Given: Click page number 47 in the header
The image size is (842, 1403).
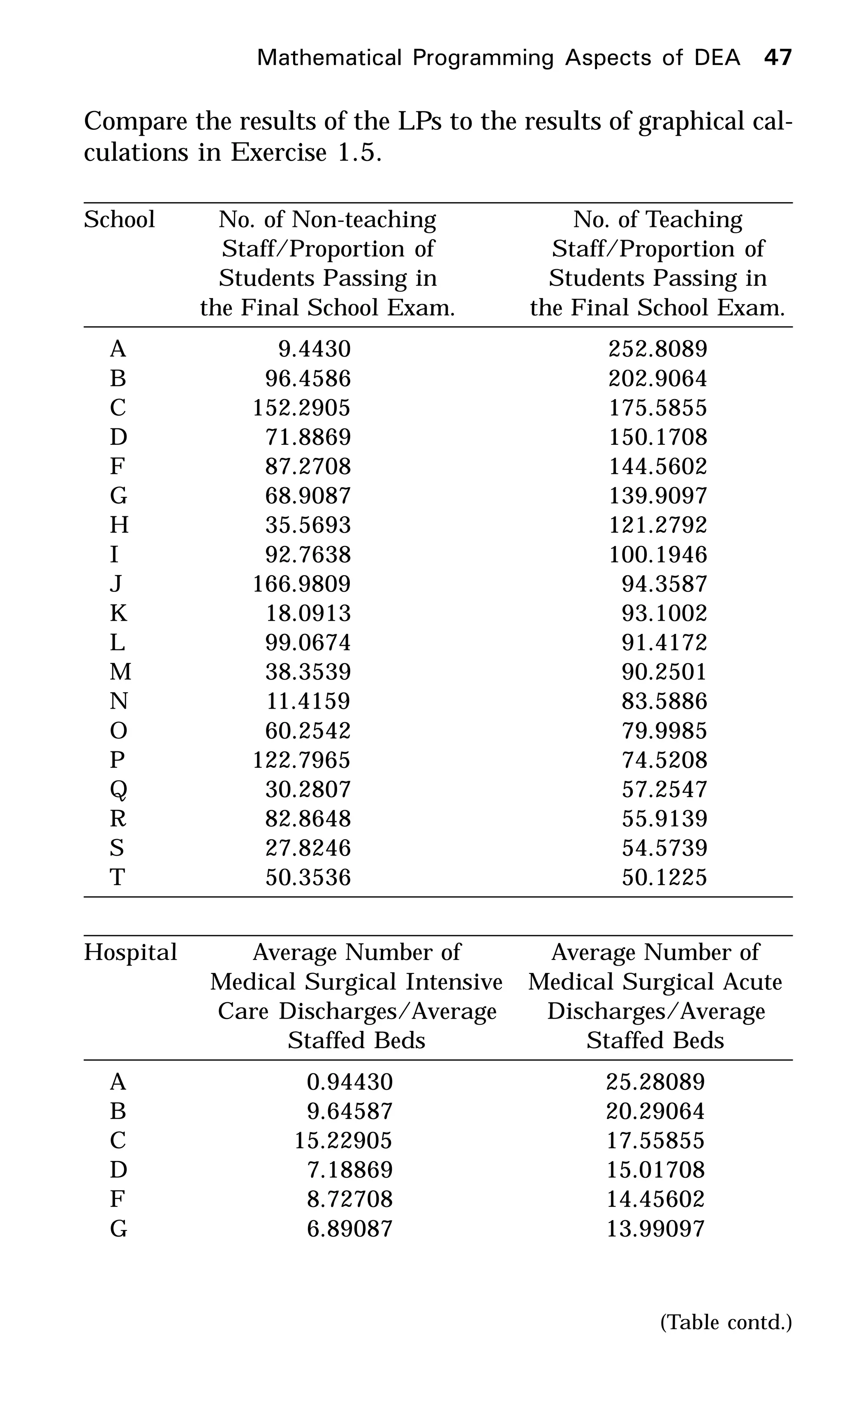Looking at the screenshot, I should pyautogui.click(x=777, y=58).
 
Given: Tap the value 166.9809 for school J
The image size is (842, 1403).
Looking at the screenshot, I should pyautogui.click(x=301, y=584).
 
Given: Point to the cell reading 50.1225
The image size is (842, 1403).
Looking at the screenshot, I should pyautogui.click(x=664, y=878).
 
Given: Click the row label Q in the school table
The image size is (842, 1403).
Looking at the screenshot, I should pyautogui.click(x=118, y=790).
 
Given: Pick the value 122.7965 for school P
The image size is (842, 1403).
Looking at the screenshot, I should pyautogui.click(x=301, y=760).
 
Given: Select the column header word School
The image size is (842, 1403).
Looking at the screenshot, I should pyautogui.click(x=119, y=220).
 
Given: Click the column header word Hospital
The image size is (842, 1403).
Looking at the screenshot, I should pyautogui.click(x=130, y=952).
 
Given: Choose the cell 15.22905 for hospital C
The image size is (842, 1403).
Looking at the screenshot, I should pyautogui.click(x=343, y=1141).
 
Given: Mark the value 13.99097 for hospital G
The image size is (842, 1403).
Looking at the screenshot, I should pyautogui.click(x=655, y=1229).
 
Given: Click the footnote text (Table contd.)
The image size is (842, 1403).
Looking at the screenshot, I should pyautogui.click(x=726, y=1322).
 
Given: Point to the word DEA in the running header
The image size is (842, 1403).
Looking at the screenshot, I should pyautogui.click(x=717, y=58).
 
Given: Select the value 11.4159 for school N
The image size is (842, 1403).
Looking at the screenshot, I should pyautogui.click(x=308, y=701).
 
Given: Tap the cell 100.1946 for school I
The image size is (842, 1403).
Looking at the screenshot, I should pyautogui.click(x=657, y=554).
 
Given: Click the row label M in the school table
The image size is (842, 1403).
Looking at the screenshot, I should pyautogui.click(x=120, y=672).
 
